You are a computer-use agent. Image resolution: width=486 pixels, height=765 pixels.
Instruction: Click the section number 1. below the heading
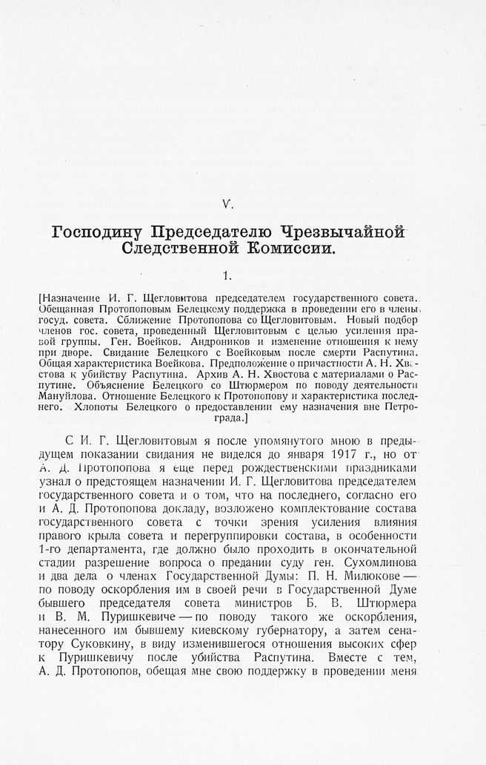(x=228, y=276)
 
